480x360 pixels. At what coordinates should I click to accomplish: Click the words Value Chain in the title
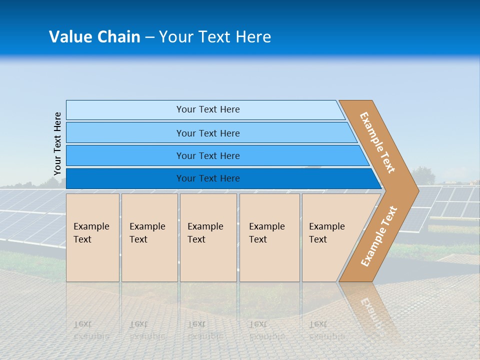(94, 37)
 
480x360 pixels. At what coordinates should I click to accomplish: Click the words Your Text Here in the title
(215, 37)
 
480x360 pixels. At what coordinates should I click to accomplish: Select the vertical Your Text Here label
(57, 144)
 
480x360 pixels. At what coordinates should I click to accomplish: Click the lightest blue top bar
(125, 110)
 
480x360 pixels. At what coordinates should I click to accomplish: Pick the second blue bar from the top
(125, 133)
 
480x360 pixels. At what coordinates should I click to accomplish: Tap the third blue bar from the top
(125, 156)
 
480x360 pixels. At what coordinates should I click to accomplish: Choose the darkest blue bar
(125, 178)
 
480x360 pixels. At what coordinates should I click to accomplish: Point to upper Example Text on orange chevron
(378, 142)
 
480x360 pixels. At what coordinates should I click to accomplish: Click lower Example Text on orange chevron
(378, 236)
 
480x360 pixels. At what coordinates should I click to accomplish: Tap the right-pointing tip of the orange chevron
(415, 190)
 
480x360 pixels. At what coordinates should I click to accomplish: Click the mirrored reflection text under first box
(91, 330)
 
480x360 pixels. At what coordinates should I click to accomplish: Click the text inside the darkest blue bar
(208, 178)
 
